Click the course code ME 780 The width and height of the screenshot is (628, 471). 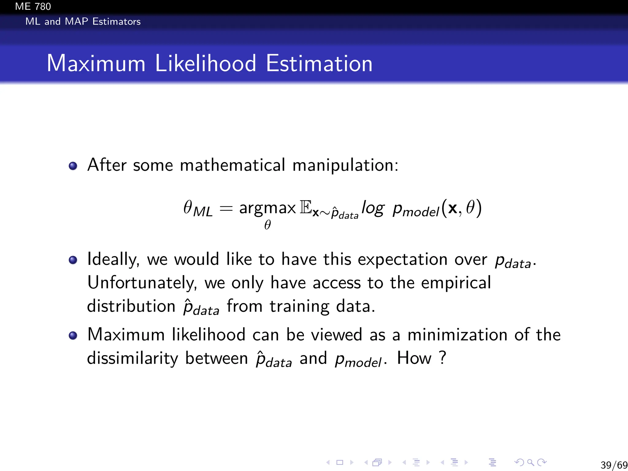pyautogui.click(x=33, y=6)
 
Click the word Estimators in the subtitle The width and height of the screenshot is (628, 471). pyautogui.click(x=117, y=21)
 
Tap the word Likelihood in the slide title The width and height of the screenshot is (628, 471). pyautogui.click(x=205, y=63)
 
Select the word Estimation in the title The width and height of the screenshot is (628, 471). pyautogui.click(x=319, y=63)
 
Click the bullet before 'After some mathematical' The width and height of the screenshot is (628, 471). pyautogui.click(x=73, y=166)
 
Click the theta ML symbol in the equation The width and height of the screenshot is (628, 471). pyautogui.click(x=198, y=209)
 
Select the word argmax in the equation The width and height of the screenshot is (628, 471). pyautogui.click(x=267, y=209)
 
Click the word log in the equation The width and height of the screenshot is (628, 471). pyautogui.click(x=373, y=209)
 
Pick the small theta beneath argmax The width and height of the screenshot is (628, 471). pyautogui.click(x=267, y=225)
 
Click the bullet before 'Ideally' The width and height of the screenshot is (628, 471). pyautogui.click(x=73, y=260)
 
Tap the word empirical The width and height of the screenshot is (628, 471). pyautogui.click(x=456, y=283)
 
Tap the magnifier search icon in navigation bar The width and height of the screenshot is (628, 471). pyautogui.click(x=530, y=462)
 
